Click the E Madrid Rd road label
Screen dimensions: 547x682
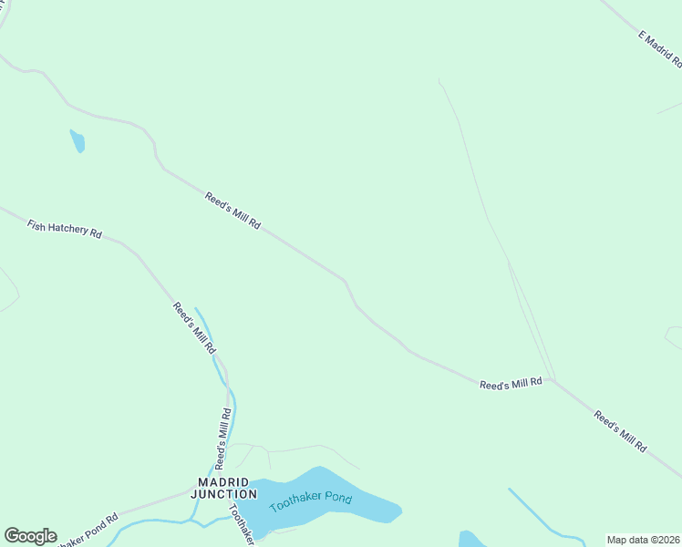pos(659,49)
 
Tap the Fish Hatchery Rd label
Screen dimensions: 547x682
pos(64,228)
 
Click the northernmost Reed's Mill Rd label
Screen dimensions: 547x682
pos(232,211)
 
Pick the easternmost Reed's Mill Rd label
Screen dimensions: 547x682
pos(620,432)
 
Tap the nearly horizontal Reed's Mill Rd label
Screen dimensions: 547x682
pos(511,384)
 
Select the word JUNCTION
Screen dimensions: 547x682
pos(223,494)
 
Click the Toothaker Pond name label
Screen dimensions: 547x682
pos(310,500)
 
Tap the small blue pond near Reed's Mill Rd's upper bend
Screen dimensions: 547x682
pos(77,141)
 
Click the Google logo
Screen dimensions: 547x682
pos(30,536)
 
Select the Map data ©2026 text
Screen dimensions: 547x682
pos(642,540)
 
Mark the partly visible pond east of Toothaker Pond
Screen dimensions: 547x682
pos(470,540)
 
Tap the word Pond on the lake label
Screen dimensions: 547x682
pos(335,499)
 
